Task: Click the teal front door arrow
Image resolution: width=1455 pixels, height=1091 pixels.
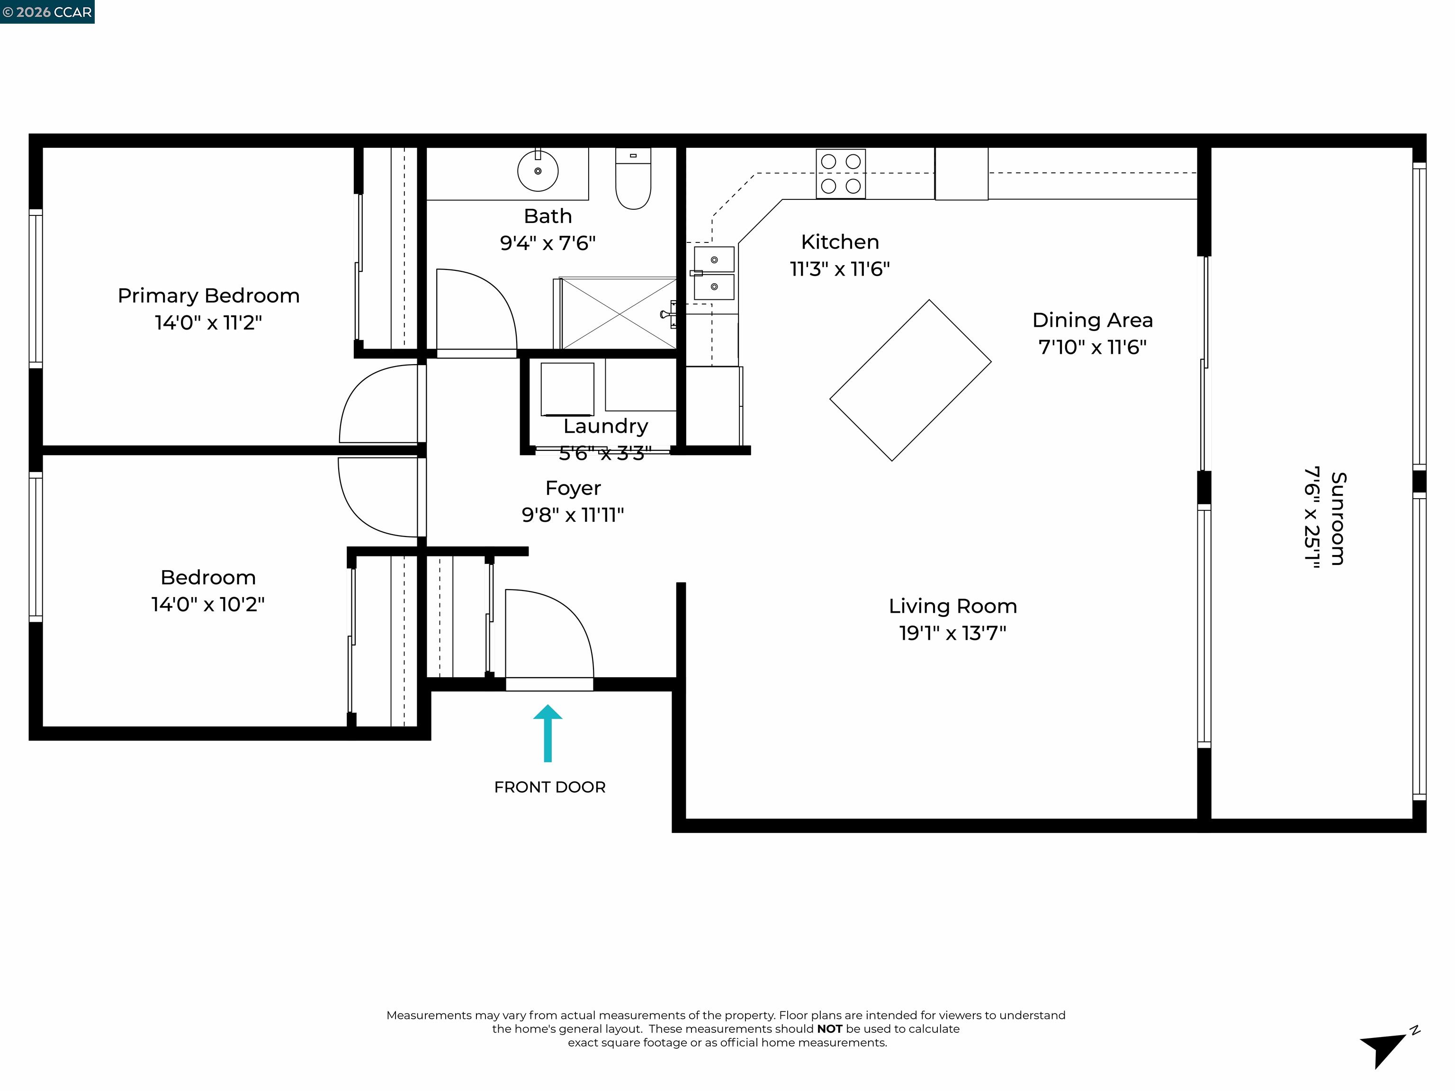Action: pyautogui.click(x=547, y=733)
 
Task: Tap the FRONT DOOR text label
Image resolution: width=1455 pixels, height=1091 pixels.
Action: pyautogui.click(x=549, y=787)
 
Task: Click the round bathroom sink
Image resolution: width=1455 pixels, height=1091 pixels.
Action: pyautogui.click(x=538, y=171)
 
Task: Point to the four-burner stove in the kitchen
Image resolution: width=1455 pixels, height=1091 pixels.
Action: pyautogui.click(x=841, y=174)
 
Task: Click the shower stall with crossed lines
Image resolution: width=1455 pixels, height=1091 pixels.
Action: pyautogui.click(x=618, y=313)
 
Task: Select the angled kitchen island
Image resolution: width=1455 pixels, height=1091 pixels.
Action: pyautogui.click(x=910, y=380)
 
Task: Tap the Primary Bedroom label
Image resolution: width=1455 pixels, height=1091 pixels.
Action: pyautogui.click(x=208, y=296)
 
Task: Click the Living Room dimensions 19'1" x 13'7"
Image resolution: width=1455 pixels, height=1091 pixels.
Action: pyautogui.click(x=952, y=633)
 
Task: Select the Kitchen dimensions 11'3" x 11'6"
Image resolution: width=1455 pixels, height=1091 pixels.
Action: pyautogui.click(x=839, y=269)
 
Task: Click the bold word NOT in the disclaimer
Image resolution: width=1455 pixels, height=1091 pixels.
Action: pyautogui.click(x=829, y=1028)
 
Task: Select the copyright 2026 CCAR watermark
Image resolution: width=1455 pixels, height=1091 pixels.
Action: pyautogui.click(x=47, y=12)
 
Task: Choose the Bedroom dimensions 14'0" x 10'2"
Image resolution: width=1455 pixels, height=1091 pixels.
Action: pyautogui.click(x=208, y=604)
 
